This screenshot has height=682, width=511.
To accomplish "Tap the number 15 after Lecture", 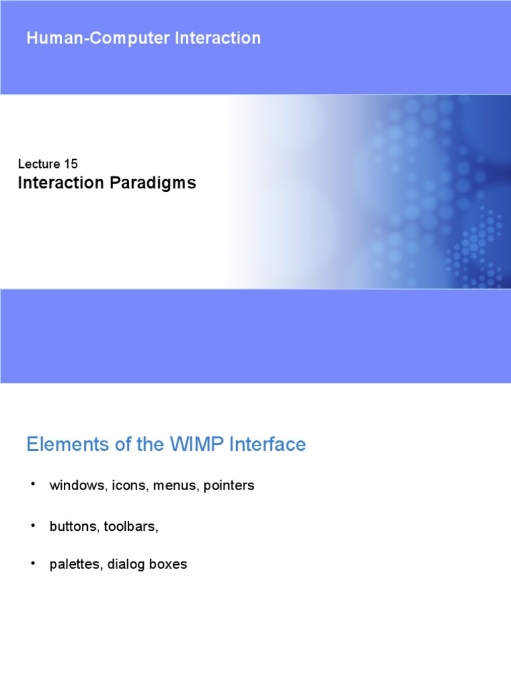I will pos(71,164).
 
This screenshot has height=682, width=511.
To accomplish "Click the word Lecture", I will pos(39,164).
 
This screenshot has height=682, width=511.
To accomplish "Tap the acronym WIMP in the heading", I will pos(195,444).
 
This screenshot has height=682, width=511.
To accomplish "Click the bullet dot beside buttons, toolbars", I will pos(31,525).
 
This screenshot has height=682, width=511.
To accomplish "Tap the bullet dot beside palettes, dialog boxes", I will pos(31,563).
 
